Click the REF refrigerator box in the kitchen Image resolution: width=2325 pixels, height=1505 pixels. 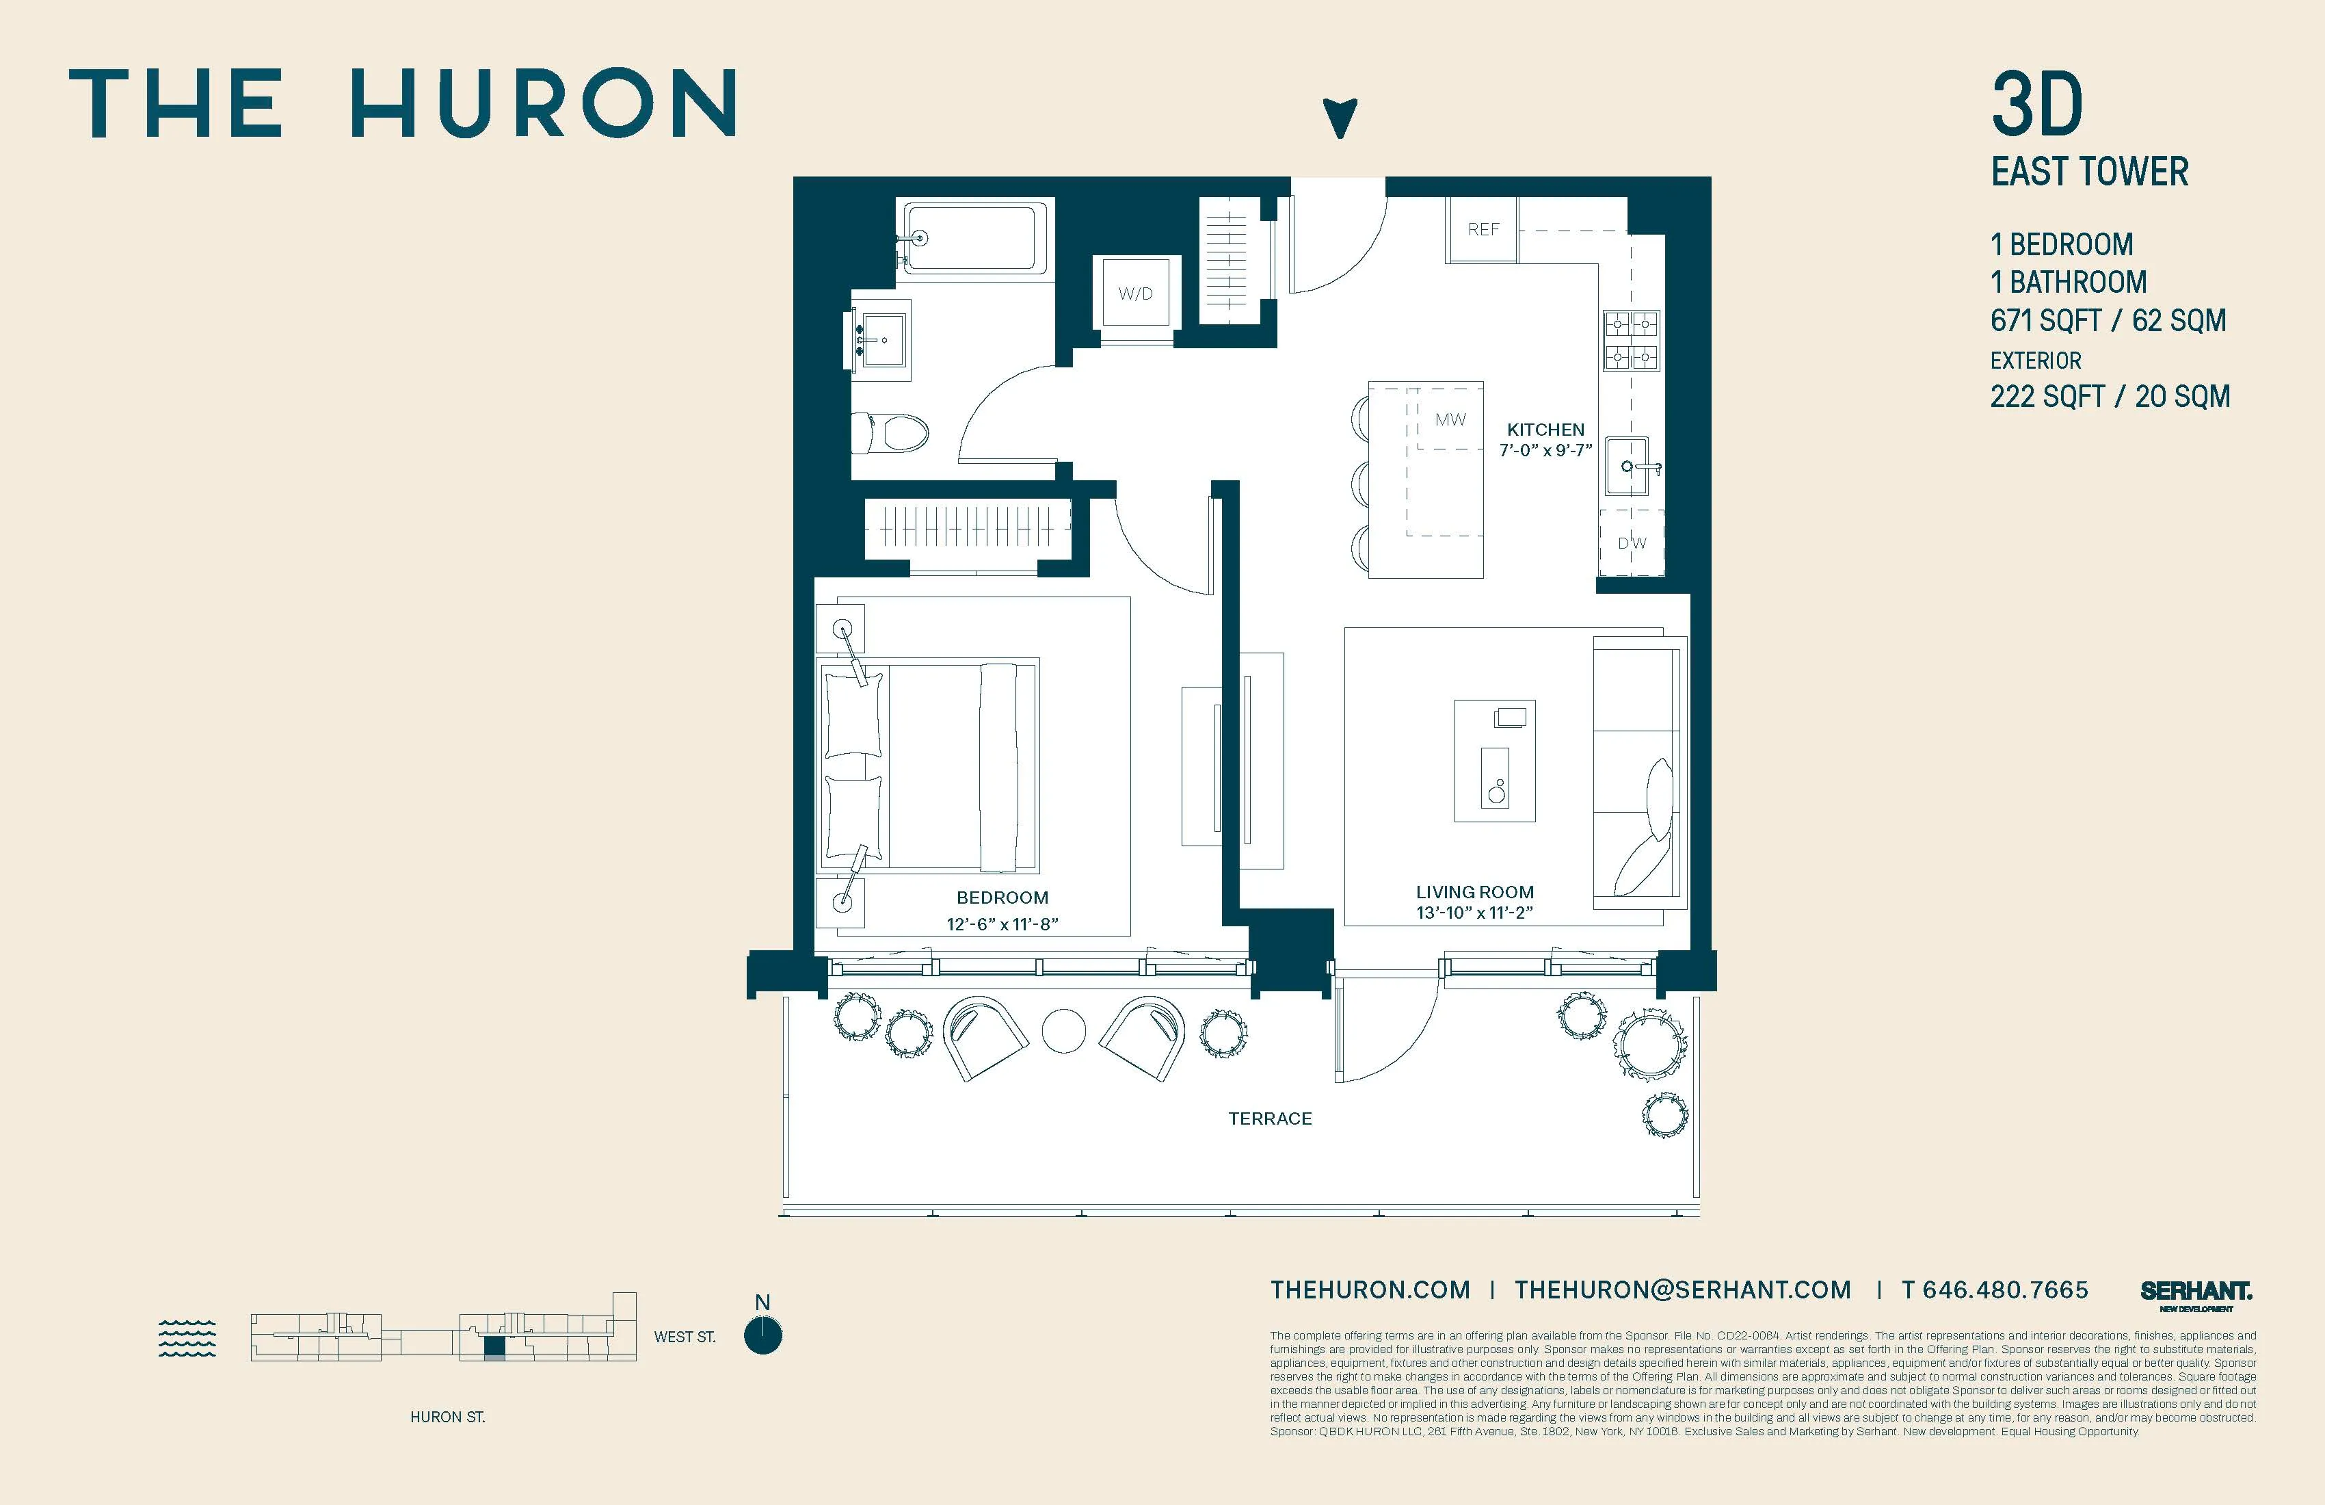point(1482,230)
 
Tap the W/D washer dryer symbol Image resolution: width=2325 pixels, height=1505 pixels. point(1135,293)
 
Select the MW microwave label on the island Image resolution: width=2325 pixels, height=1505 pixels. point(1450,419)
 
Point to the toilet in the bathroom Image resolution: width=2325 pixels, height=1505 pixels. point(890,432)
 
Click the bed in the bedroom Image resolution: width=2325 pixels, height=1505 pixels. point(928,765)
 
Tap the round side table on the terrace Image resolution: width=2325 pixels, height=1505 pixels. point(1064,1031)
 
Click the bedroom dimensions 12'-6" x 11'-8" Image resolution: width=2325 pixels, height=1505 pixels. point(1002,924)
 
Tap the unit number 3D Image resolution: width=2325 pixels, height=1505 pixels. point(2037,105)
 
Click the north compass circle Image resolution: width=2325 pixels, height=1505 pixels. point(763,1336)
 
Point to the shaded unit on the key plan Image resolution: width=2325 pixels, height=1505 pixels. point(495,1348)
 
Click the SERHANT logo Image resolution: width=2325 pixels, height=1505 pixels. point(2195,1293)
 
